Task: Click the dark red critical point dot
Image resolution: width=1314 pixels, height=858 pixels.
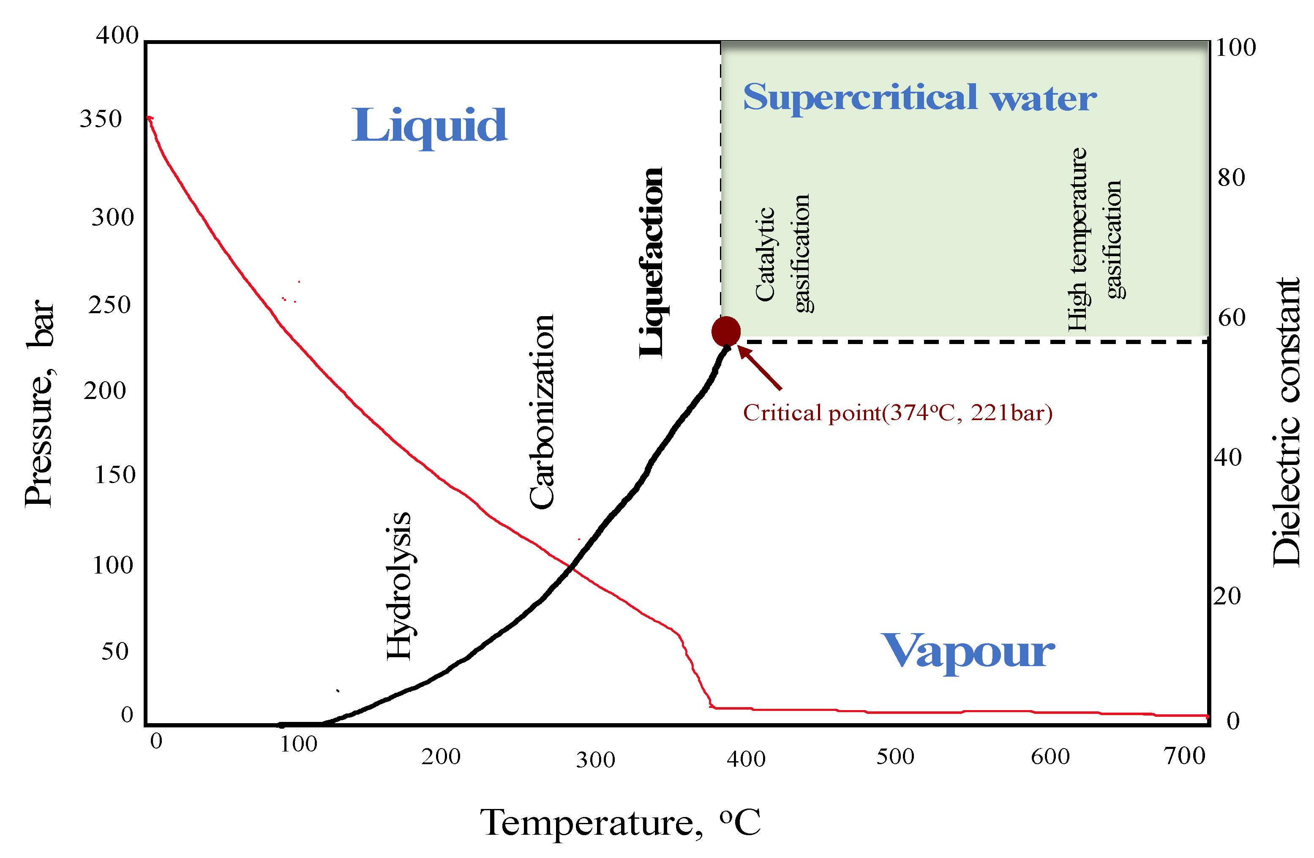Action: tap(725, 331)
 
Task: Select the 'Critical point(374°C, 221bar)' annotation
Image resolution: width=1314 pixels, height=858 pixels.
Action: tap(898, 413)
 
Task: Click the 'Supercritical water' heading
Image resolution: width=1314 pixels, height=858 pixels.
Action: tap(920, 97)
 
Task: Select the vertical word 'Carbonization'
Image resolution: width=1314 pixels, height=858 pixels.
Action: tap(541, 411)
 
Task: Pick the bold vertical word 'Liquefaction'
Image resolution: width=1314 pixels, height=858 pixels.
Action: tap(651, 262)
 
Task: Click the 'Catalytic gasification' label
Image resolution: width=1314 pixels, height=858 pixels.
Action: tap(783, 254)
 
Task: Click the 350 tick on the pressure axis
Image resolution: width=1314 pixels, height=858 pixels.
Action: tap(101, 119)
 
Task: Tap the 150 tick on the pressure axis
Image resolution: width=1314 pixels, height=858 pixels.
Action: tap(115, 475)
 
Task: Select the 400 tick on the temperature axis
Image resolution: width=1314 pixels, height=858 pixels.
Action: tap(746, 759)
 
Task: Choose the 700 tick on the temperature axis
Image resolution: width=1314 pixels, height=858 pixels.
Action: tap(1184, 756)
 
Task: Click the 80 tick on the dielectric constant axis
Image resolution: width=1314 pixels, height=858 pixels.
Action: tap(1231, 177)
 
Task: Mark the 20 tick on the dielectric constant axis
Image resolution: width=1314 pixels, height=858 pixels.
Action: tap(1227, 596)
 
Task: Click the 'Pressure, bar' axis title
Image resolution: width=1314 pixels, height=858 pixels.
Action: tap(40, 403)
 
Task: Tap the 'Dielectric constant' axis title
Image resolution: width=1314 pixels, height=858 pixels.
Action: tap(1285, 422)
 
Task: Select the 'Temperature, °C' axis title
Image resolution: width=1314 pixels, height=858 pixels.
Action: tap(621, 822)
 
